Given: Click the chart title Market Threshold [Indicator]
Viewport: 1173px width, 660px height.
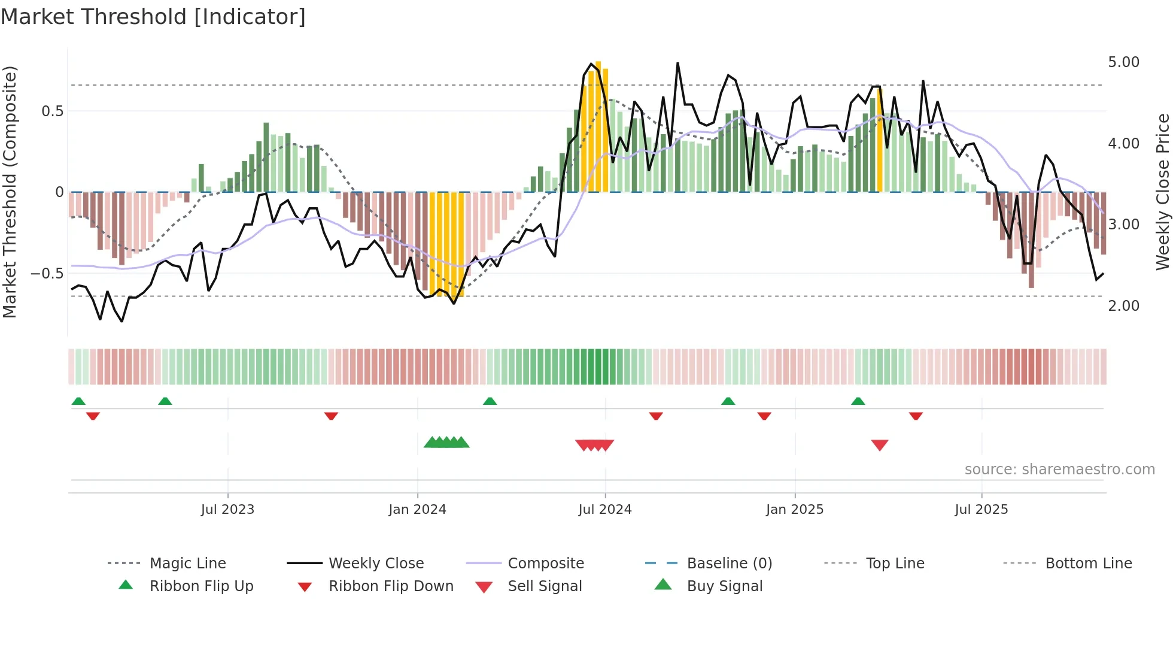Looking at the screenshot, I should [x=153, y=17].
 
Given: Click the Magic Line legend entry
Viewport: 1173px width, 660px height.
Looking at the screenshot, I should [x=187, y=563].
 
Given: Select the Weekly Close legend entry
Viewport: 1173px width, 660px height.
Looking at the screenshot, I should [x=376, y=563].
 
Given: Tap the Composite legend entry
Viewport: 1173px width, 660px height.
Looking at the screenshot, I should [x=546, y=563].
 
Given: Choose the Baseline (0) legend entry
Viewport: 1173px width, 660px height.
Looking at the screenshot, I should [x=729, y=563].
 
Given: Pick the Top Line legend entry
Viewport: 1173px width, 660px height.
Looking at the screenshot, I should [x=895, y=563].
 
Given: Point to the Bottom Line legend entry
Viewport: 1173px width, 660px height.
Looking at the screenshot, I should [x=1088, y=563].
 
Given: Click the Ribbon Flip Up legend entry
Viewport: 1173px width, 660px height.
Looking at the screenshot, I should [x=201, y=586].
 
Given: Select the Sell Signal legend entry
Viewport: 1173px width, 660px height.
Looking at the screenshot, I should [x=545, y=586].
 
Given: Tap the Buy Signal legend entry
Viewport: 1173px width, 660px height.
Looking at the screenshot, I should [x=724, y=586].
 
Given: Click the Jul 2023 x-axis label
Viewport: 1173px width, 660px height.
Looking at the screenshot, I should [x=227, y=510].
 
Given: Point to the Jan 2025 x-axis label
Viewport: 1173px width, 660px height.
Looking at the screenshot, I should [x=795, y=510].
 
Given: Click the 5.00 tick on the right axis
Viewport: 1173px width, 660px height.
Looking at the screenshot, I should [x=1123, y=62].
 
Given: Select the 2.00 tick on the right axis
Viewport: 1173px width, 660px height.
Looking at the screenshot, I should [x=1123, y=306].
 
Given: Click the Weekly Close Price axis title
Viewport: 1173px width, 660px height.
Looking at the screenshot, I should [x=1162, y=192].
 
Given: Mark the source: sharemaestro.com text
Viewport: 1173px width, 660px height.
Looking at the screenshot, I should [x=1059, y=470].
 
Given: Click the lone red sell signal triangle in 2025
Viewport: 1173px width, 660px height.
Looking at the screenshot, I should [x=879, y=445].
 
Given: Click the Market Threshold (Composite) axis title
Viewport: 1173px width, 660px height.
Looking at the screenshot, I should [x=10, y=192].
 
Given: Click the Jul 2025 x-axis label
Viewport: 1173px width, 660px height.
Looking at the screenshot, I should [x=981, y=510].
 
